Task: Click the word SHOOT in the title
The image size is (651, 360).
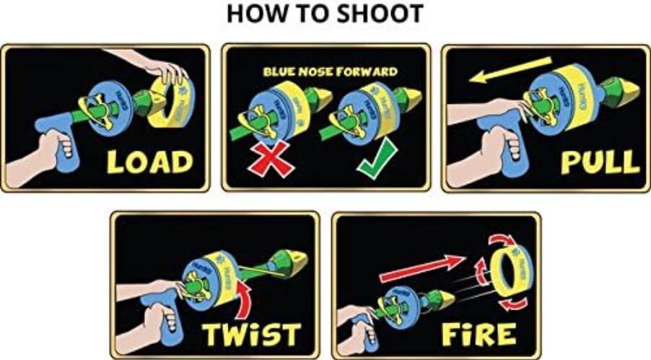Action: [x=374, y=14]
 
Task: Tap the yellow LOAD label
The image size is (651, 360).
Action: [x=149, y=162]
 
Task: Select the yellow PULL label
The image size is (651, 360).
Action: [x=600, y=162]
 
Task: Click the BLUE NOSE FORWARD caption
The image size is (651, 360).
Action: [x=329, y=71]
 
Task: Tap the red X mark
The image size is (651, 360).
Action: [x=270, y=158]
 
